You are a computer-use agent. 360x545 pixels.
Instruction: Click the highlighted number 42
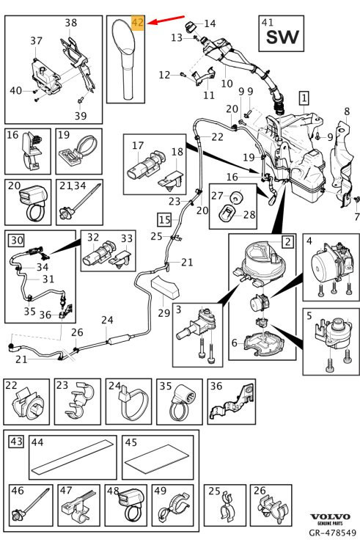(138, 22)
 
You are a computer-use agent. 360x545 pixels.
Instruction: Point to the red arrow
(166, 20)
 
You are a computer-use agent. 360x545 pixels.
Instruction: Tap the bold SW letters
(282, 37)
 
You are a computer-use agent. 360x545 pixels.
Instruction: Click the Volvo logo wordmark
(330, 517)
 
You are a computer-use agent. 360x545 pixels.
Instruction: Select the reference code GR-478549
(333, 533)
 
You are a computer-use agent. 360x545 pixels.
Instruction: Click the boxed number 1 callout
(304, 98)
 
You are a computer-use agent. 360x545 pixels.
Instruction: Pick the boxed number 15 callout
(164, 219)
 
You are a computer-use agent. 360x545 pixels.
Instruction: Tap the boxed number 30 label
(16, 240)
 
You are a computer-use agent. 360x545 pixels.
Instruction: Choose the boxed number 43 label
(16, 442)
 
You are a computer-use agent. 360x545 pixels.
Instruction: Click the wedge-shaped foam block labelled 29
(166, 286)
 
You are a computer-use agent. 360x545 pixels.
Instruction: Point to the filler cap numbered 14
(190, 26)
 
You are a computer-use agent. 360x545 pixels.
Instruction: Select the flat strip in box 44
(73, 458)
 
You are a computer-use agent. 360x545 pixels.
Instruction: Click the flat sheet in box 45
(157, 459)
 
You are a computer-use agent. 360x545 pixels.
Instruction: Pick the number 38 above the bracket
(71, 23)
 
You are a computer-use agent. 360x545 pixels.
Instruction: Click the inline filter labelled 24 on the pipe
(119, 340)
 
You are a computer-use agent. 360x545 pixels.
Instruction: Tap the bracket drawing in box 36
(231, 402)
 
